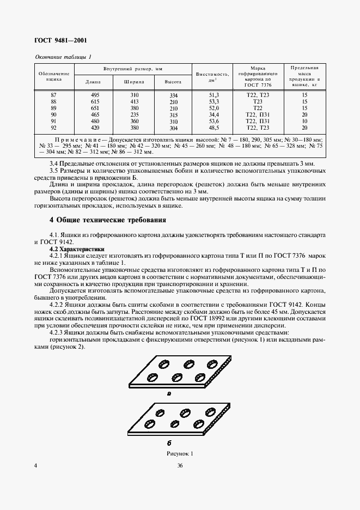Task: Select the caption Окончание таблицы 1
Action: pos(63,57)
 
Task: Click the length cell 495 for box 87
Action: pos(93,95)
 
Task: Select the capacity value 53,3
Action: pos(213,102)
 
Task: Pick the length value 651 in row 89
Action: pos(93,108)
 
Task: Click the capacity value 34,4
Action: pos(213,115)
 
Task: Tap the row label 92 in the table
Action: pos(53,128)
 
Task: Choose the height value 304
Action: pos(174,129)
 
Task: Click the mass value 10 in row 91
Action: pos(304,122)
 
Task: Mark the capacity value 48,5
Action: pos(213,128)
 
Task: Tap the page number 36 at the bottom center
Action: pos(180,465)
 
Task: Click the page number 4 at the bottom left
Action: pos(36,465)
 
